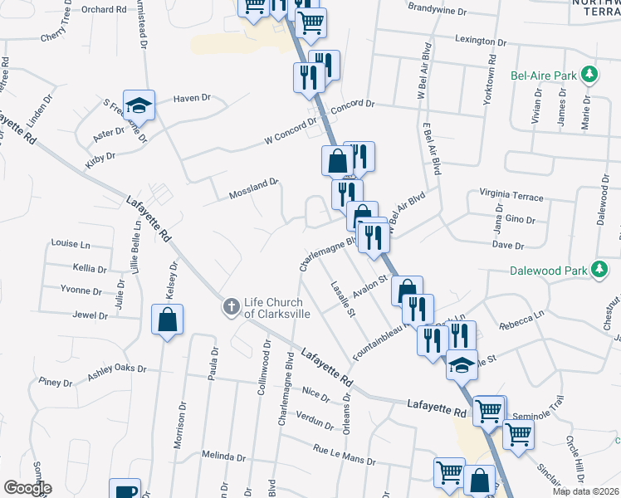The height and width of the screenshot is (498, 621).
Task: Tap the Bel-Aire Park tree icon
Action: (x=589, y=76)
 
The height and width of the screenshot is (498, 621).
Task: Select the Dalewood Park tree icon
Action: (x=597, y=270)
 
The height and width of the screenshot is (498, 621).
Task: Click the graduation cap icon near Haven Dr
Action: (x=139, y=105)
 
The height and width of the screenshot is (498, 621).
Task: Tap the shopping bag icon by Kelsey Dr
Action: (x=167, y=319)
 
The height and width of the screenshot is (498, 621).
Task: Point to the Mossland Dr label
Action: (x=252, y=189)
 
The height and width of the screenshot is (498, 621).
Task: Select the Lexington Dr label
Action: (x=481, y=41)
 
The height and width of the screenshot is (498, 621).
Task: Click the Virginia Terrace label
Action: (x=511, y=197)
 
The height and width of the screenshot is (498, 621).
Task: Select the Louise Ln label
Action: (x=71, y=244)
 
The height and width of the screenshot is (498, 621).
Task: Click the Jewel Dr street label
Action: (x=90, y=315)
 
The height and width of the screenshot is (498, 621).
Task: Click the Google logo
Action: (x=27, y=487)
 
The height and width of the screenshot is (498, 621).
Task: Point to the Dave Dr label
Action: (x=508, y=246)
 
